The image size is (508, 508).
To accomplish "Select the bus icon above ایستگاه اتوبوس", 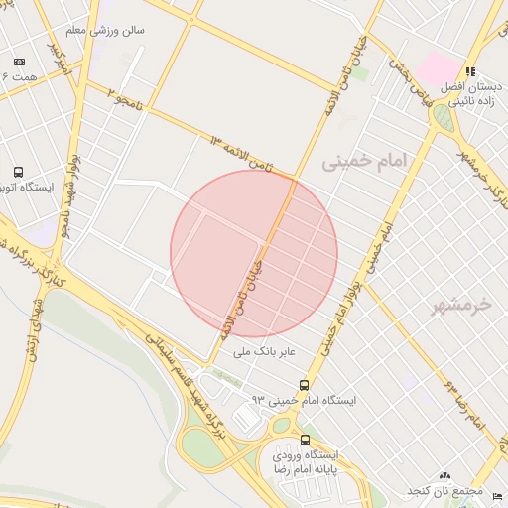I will click(x=17, y=171).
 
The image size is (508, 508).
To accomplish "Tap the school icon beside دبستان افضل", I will click(x=469, y=71).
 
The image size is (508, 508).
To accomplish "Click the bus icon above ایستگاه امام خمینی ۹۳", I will click(x=303, y=385).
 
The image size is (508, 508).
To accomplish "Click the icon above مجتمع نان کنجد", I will click(x=444, y=476).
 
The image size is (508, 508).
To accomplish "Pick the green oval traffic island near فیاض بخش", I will click(x=442, y=119).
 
